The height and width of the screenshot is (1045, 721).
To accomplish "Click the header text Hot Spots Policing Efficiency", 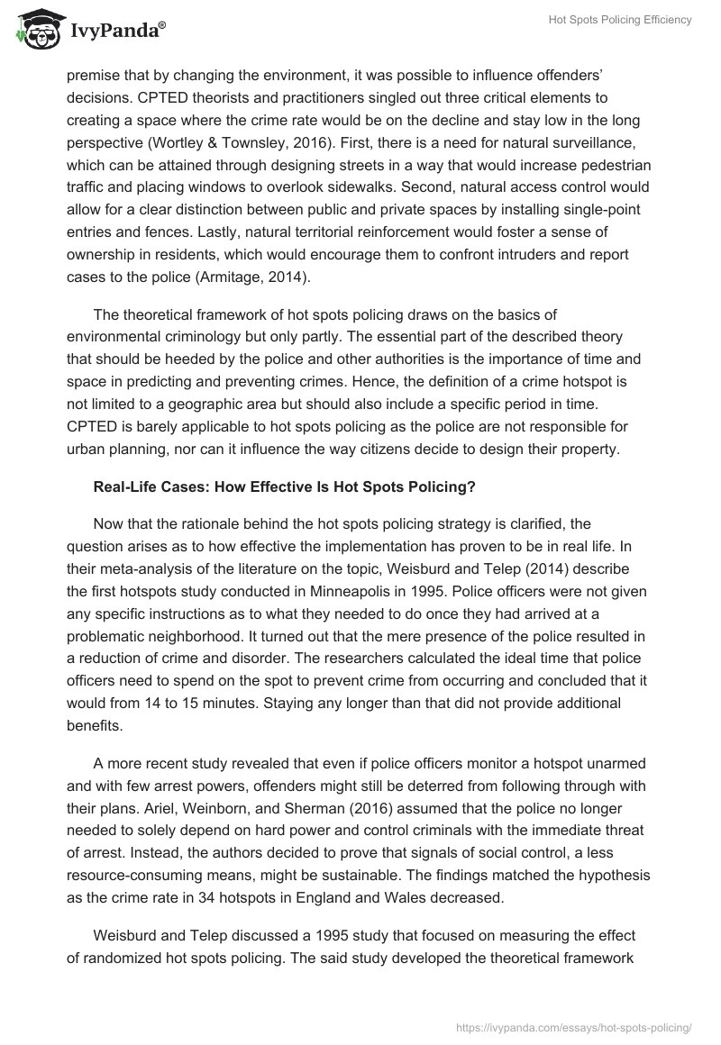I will [x=620, y=21].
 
